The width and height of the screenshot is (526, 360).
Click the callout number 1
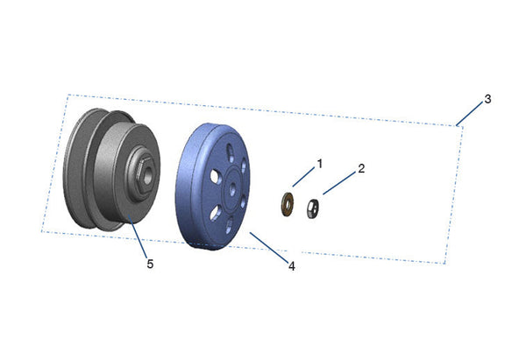tap(320, 164)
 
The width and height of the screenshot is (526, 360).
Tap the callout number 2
tap(361, 168)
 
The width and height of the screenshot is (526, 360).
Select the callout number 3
tap(487, 99)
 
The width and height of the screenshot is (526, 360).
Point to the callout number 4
tap(292, 266)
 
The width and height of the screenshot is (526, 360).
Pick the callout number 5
tap(150, 265)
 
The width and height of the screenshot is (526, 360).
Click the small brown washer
tap(288, 204)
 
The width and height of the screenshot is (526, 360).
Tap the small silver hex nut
tap(313, 208)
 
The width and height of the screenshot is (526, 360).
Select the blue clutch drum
tap(213, 187)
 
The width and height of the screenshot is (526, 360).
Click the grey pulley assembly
tap(111, 170)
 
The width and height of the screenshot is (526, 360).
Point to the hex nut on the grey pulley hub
tap(145, 176)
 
